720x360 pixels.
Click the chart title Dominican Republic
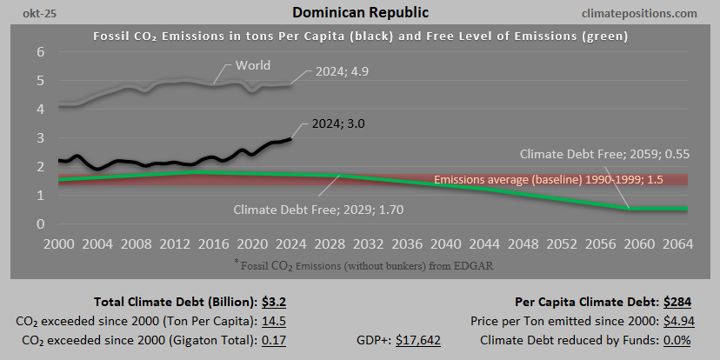tap(360, 13)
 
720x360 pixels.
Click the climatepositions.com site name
tap(643, 13)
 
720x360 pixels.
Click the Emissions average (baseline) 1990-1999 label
tap(548, 180)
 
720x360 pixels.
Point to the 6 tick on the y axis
tap(40, 52)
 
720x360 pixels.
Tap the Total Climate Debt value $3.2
tap(275, 303)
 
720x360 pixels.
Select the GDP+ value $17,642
tap(418, 339)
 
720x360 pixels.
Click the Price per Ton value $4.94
tap(677, 321)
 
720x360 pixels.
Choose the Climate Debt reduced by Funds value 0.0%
tap(676, 339)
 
